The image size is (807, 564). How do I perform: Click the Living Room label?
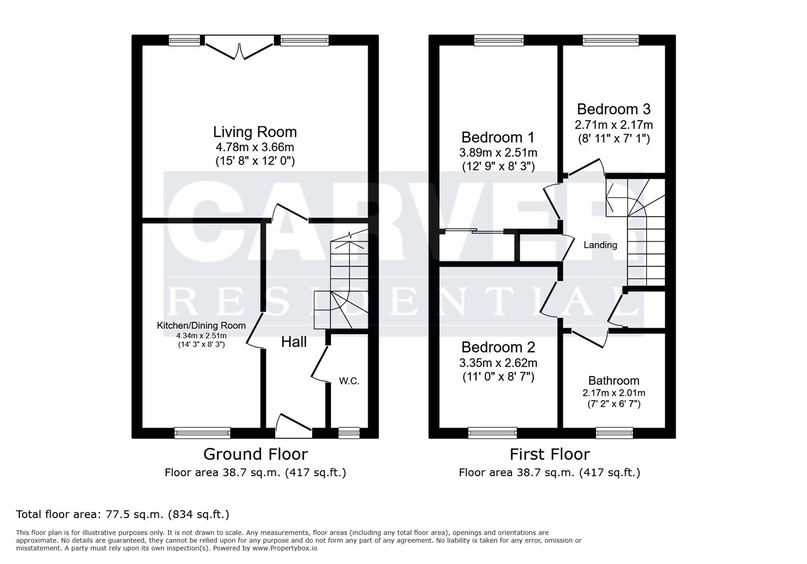coord(255,132)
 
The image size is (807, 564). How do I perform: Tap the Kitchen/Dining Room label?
coord(201,325)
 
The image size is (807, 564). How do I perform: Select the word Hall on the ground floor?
coord(294,342)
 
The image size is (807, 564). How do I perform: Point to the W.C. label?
coord(349,381)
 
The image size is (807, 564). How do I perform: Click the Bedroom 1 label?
coord(498,137)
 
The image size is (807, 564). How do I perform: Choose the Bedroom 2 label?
coord(498,347)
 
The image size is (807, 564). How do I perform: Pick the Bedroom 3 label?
coord(614,109)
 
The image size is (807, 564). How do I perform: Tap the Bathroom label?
coord(614,381)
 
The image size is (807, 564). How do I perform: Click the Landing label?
coord(600,245)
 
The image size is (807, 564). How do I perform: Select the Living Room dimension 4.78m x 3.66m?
coord(255,147)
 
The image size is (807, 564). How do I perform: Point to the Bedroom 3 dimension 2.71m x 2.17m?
coord(614,125)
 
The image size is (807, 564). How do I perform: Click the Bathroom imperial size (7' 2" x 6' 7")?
coord(614,404)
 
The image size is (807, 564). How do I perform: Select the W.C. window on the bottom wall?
coord(349,432)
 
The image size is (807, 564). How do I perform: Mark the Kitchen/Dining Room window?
coord(202,432)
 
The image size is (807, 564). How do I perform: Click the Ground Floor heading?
coord(255,454)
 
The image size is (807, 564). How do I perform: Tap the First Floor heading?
coord(549,454)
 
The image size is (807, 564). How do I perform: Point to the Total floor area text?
coord(123,514)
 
